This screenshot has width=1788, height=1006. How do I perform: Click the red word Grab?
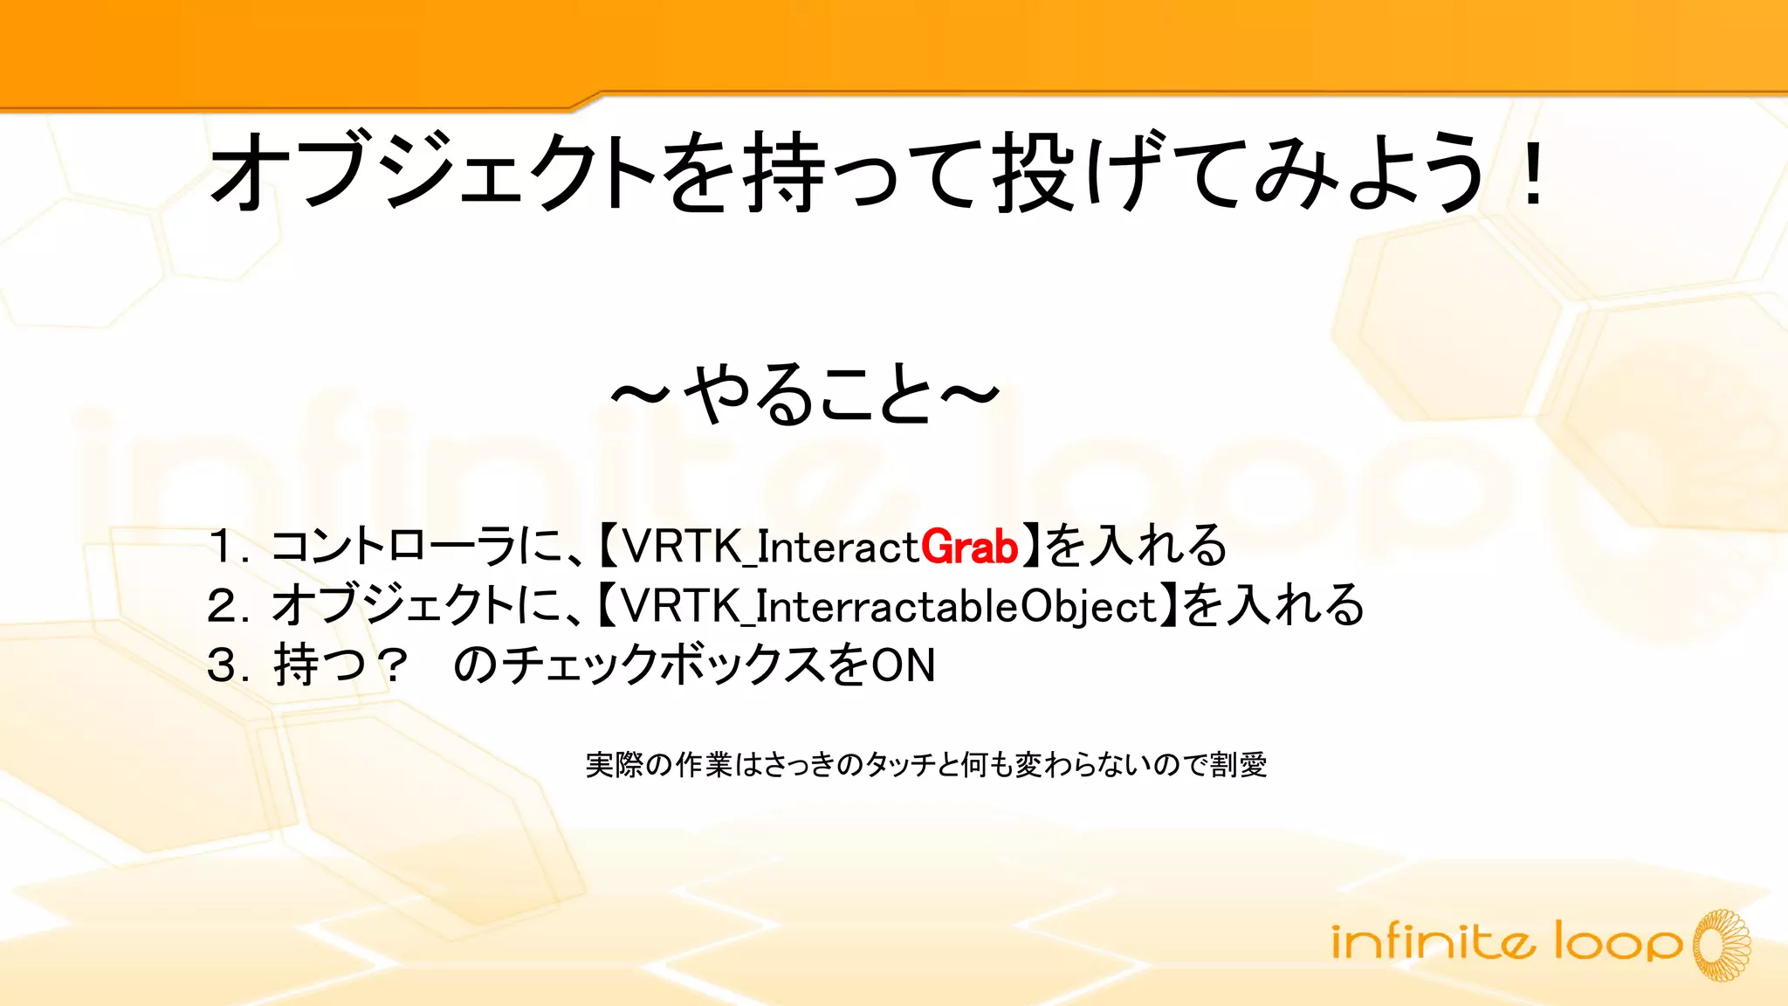tap(969, 548)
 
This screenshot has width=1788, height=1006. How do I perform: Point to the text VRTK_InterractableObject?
tap(890, 606)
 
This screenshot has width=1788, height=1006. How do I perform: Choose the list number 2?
tap(223, 606)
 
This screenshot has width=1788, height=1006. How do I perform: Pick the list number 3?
tap(223, 665)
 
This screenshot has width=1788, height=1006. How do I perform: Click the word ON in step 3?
tap(904, 665)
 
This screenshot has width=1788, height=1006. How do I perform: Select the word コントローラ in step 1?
tap(393, 548)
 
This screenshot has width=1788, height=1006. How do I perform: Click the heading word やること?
tap(808, 395)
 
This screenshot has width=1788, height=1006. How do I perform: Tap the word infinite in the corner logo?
tap(1432, 941)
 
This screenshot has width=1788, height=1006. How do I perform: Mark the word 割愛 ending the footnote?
tap(1238, 765)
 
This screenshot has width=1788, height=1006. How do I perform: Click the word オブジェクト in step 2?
tap(393, 606)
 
